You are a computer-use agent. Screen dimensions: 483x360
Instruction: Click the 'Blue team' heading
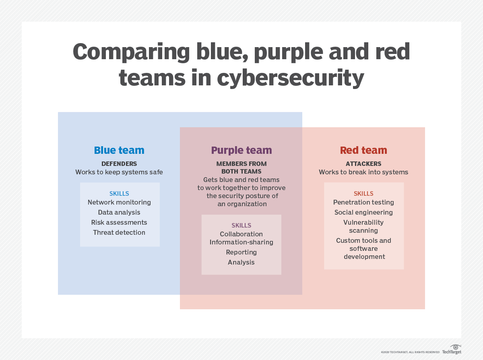pyautogui.click(x=119, y=150)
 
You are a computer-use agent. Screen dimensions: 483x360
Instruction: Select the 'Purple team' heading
pyautogui.click(x=242, y=151)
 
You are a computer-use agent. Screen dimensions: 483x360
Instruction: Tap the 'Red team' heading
pyautogui.click(x=363, y=150)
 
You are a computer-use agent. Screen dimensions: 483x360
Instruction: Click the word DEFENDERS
pyautogui.click(x=119, y=163)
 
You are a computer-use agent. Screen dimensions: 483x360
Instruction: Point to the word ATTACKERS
pyautogui.click(x=363, y=163)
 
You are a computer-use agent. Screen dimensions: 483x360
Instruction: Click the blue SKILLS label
pyautogui.click(x=119, y=194)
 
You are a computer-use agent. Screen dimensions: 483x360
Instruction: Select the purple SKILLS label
pyautogui.click(x=241, y=226)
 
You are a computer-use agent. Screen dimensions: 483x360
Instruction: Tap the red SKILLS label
pyautogui.click(x=363, y=194)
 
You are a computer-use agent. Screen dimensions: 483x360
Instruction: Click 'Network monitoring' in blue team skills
pyautogui.click(x=119, y=203)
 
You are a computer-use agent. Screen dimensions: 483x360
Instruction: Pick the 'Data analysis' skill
pyautogui.click(x=119, y=213)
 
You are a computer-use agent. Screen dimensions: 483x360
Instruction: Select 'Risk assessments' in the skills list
pyautogui.click(x=119, y=222)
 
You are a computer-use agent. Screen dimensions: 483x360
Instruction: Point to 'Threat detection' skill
pyautogui.click(x=119, y=232)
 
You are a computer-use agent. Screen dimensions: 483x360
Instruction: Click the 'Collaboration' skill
pyautogui.click(x=241, y=234)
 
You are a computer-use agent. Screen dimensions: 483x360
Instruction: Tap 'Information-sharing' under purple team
pyautogui.click(x=241, y=242)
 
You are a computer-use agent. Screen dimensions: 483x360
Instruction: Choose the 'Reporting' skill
pyautogui.click(x=241, y=252)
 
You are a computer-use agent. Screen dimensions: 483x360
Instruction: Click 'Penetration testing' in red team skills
pyautogui.click(x=363, y=203)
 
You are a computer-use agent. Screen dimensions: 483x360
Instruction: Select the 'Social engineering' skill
pyautogui.click(x=363, y=213)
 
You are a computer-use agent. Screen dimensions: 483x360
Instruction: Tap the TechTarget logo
pyautogui.click(x=452, y=349)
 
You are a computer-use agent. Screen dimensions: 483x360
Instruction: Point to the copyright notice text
pyautogui.click(x=410, y=352)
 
